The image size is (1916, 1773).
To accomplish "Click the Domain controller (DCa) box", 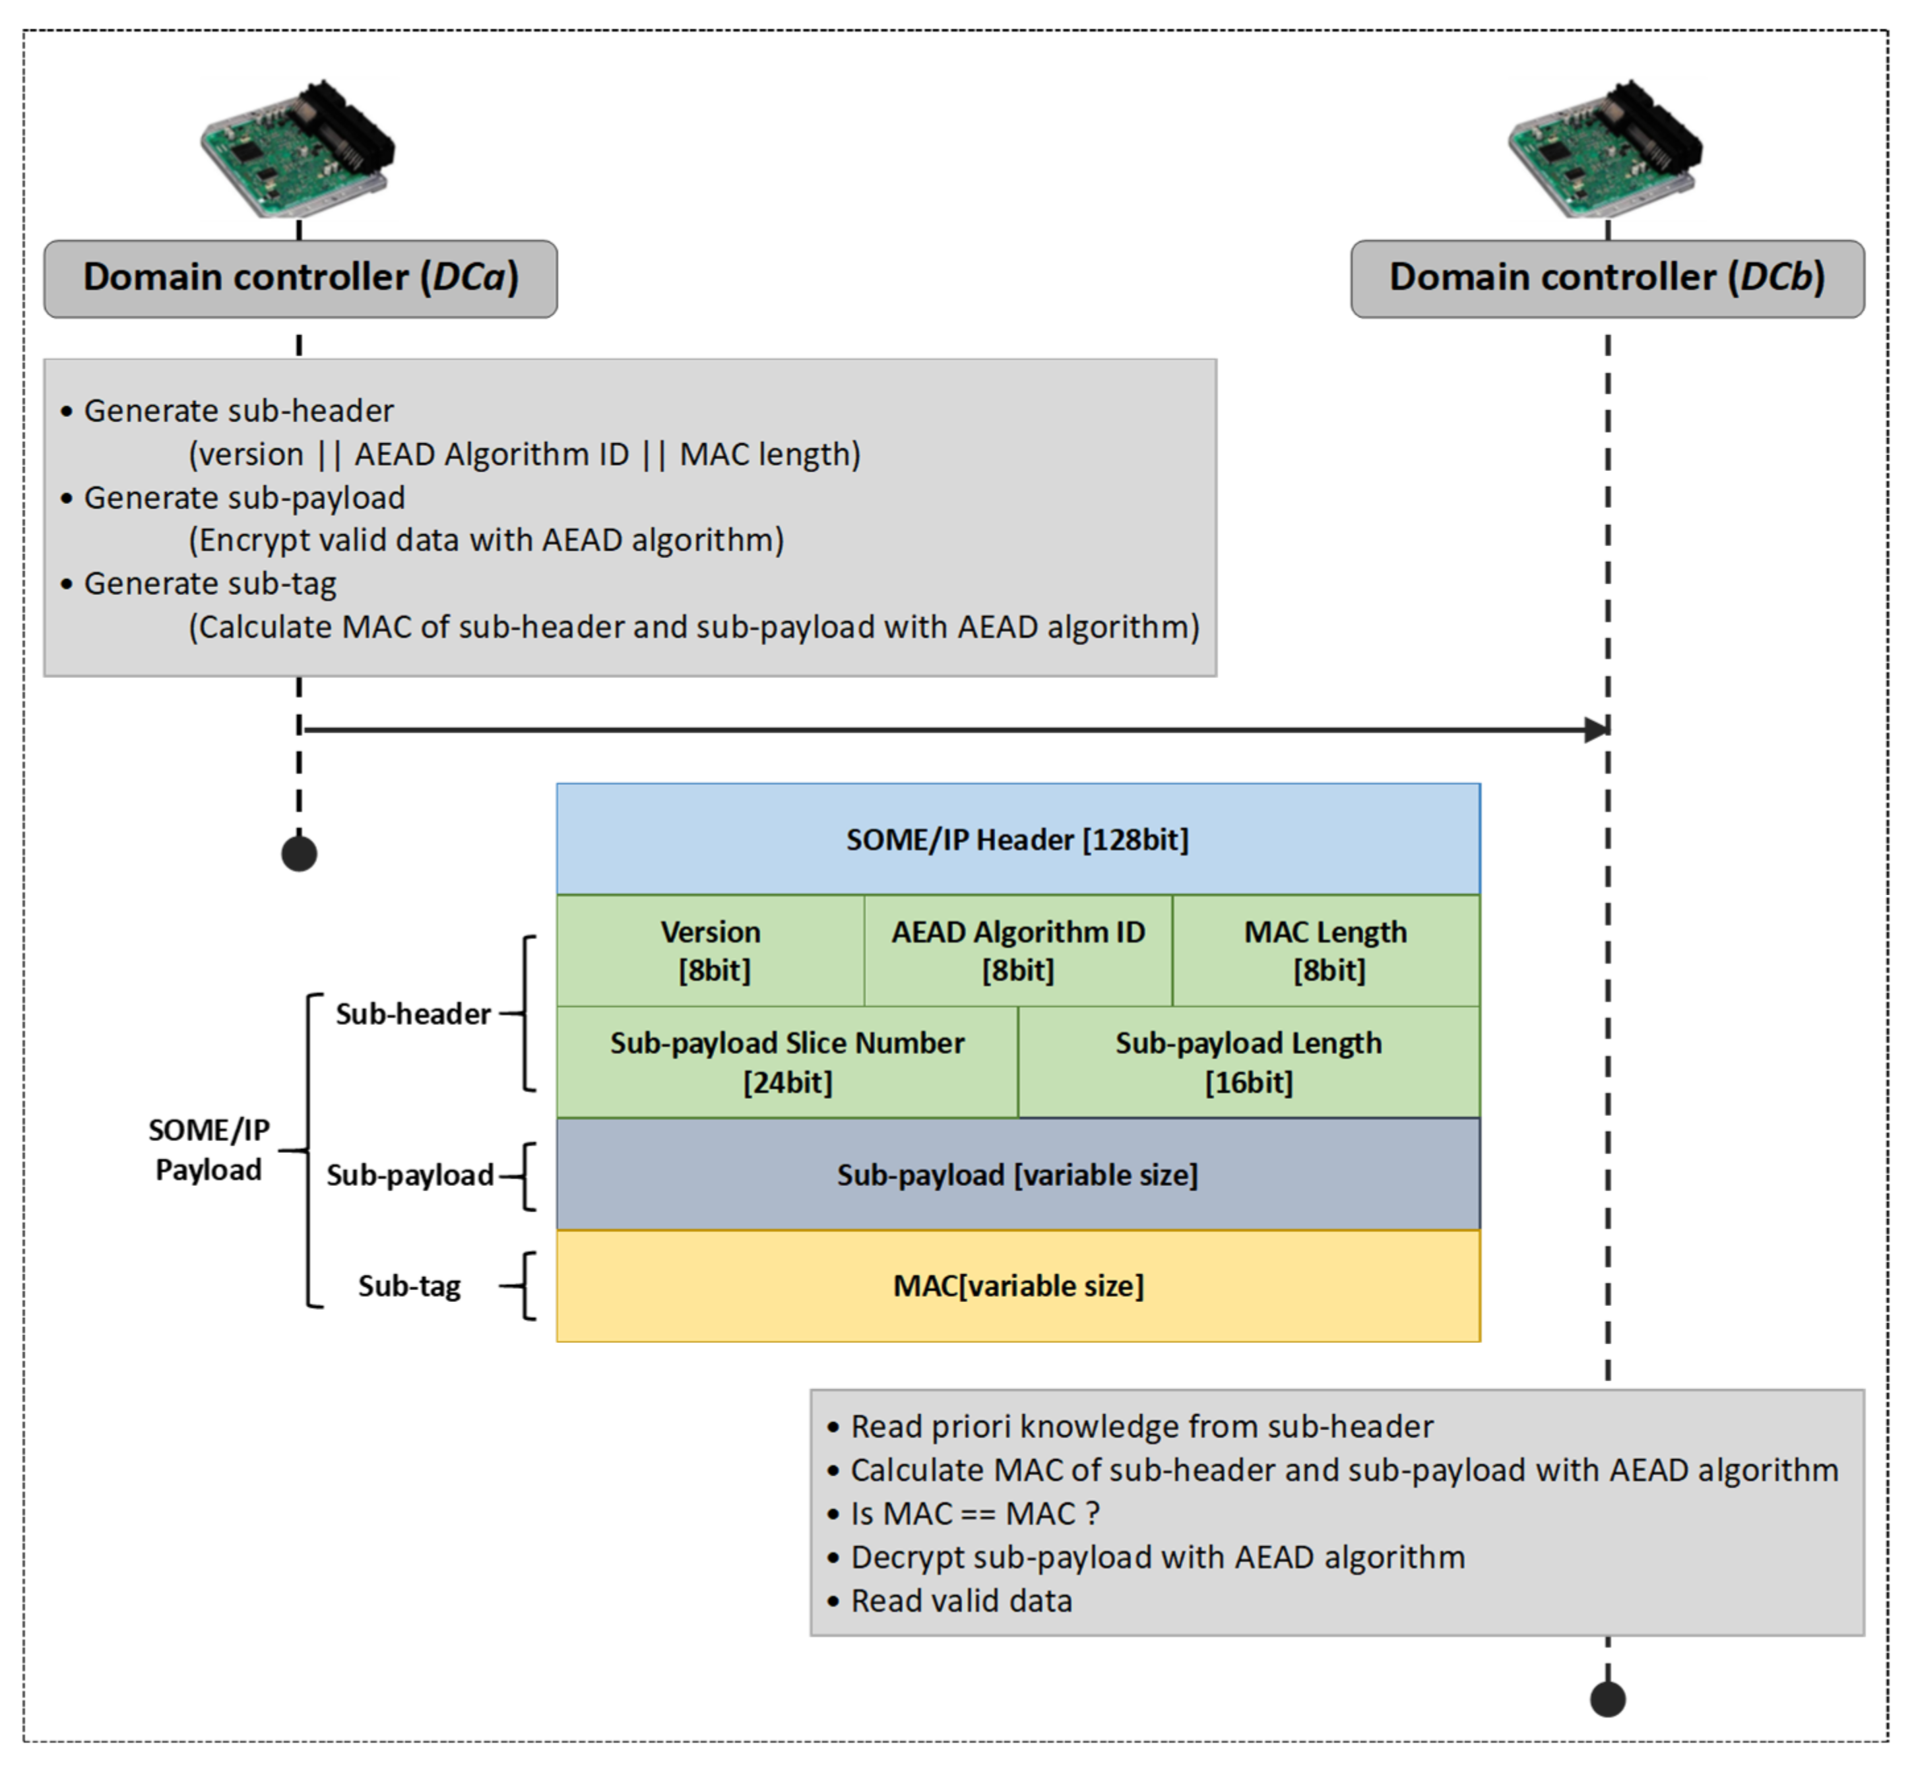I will (x=300, y=278).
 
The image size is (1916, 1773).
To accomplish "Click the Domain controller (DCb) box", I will (x=1607, y=278).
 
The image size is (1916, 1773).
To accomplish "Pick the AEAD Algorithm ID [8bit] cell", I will (x=1018, y=950).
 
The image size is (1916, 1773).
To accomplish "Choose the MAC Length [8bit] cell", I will (x=1326, y=950).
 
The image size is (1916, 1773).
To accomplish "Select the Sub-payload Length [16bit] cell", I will (x=1248, y=1062).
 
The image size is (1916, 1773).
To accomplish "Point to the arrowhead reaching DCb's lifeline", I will (x=1595, y=730).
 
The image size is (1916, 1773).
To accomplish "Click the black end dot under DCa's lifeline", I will (x=300, y=853).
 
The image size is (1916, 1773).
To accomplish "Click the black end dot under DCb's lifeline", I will (x=1608, y=1699).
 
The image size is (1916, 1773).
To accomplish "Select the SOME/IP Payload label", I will (x=208, y=1150).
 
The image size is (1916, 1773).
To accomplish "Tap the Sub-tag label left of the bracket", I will (x=410, y=1286).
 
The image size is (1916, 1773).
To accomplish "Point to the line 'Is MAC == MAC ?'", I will (x=974, y=1513).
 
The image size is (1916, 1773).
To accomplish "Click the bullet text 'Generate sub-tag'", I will (x=210, y=583).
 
